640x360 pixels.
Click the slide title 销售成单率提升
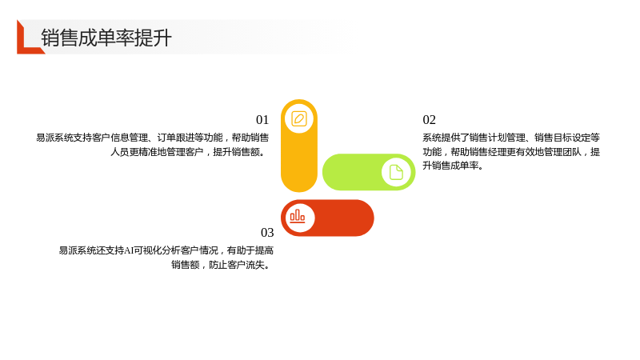[x=106, y=38]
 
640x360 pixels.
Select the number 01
[x=262, y=119]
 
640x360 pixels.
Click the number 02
[x=429, y=119]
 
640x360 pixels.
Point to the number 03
[x=267, y=232]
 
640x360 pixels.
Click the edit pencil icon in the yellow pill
[x=299, y=118]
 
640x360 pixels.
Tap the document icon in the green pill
[x=396, y=172]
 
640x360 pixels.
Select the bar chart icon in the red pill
[x=298, y=216]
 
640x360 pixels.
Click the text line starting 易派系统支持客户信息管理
[x=153, y=138]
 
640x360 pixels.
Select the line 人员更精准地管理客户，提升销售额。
[x=190, y=152]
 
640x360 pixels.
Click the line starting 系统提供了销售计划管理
[x=511, y=138]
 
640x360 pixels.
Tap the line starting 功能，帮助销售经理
[x=511, y=152]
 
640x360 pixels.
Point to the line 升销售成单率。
[x=453, y=166]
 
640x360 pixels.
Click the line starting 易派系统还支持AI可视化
[x=166, y=250]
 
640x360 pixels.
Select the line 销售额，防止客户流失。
[x=222, y=265]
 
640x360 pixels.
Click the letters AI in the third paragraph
[x=129, y=250]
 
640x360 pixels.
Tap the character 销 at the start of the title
[x=50, y=38]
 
